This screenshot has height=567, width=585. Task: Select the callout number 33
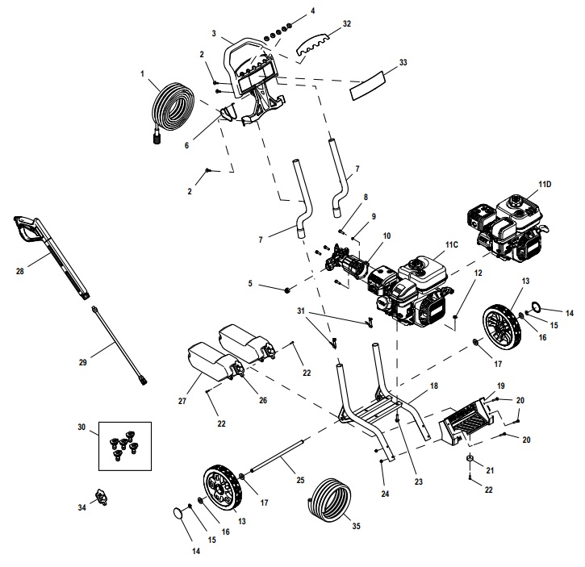point(403,61)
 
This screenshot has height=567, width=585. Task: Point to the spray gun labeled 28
point(48,249)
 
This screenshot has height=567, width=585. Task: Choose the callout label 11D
point(545,185)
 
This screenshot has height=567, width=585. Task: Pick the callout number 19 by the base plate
point(499,386)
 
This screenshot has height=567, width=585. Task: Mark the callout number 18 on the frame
point(433,387)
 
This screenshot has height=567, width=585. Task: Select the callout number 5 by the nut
point(250,284)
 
